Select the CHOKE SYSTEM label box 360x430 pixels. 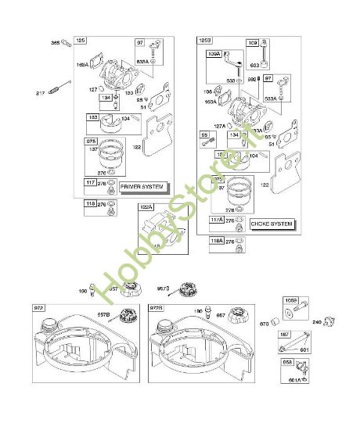[272, 224]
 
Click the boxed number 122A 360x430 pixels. [146, 208]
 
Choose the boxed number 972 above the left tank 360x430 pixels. [39, 308]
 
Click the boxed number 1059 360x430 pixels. [290, 299]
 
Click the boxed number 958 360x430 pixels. [287, 364]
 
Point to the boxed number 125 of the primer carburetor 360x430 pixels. [81, 41]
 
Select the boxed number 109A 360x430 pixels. [214, 55]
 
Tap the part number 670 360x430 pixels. [264, 323]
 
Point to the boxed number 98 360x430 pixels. [206, 136]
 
